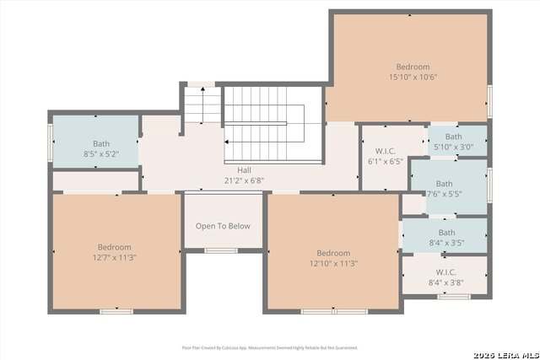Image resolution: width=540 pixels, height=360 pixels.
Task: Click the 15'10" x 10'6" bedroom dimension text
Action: point(413,77)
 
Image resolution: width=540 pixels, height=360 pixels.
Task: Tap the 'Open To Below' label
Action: point(223,226)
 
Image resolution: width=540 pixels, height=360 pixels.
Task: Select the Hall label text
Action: point(244,169)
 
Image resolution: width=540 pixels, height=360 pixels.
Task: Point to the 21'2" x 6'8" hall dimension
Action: point(244,180)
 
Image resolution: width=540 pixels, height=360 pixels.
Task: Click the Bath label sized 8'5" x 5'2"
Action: point(101,144)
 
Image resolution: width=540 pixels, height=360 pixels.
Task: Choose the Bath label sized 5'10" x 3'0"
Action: point(453,137)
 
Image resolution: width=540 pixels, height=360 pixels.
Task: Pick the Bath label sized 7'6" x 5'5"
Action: point(444,184)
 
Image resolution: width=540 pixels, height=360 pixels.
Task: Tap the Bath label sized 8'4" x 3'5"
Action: point(446,233)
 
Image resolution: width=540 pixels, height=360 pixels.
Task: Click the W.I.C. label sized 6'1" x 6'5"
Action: point(386,150)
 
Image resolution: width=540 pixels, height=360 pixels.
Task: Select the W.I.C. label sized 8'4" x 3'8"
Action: point(446,273)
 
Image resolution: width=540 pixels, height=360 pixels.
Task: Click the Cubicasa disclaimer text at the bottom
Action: point(269,347)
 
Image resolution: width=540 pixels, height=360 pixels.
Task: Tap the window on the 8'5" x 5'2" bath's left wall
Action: point(51,142)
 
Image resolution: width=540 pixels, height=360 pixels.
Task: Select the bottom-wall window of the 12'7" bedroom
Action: point(116,311)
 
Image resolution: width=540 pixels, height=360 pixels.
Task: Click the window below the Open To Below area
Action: point(221,250)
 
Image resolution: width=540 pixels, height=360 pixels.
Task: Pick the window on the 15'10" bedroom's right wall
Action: point(490,100)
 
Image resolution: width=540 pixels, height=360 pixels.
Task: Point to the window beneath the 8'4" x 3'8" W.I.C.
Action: point(454,296)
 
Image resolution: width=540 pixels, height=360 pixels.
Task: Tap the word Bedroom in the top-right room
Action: point(413,67)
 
